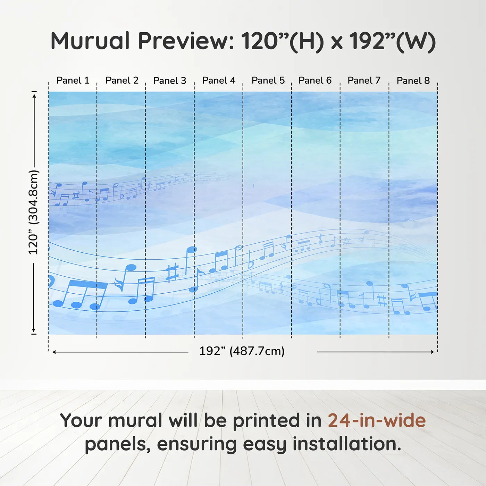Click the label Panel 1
pyautogui.click(x=73, y=81)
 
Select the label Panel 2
pyautogui.click(x=122, y=81)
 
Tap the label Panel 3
pyautogui.click(x=170, y=81)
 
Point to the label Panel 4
pyautogui.click(x=219, y=81)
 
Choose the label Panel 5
pyautogui.click(x=268, y=81)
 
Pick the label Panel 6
pyautogui.click(x=315, y=81)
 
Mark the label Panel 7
pyautogui.click(x=364, y=81)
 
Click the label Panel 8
pyautogui.click(x=413, y=81)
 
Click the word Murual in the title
pyautogui.click(x=90, y=41)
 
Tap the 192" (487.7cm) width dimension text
pyautogui.click(x=242, y=351)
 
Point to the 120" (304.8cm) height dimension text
pyautogui.click(x=34, y=212)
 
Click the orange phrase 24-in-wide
pyautogui.click(x=377, y=420)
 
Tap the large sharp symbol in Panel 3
pyautogui.click(x=172, y=272)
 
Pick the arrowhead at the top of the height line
pyautogui.click(x=34, y=95)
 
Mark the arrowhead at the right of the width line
pyautogui.click(x=432, y=352)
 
